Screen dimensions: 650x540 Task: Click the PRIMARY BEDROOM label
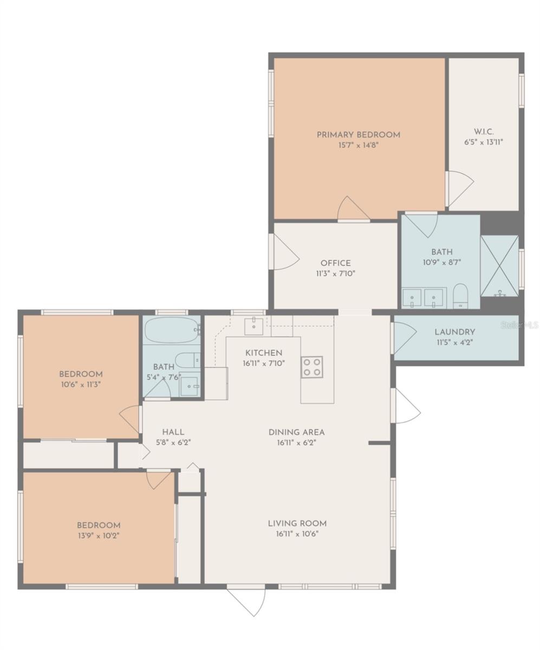(358, 135)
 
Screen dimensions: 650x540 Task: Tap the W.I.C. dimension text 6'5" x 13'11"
(484, 142)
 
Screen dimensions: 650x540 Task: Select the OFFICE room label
(335, 263)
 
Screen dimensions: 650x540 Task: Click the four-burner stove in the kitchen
(312, 367)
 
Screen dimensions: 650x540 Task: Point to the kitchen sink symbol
(253, 327)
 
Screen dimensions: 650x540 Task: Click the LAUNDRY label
(454, 332)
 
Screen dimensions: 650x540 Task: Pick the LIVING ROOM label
(297, 523)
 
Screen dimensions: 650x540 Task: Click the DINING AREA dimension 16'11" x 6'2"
(297, 443)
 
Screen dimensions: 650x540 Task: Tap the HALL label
(173, 432)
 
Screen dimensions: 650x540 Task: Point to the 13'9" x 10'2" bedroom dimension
(99, 535)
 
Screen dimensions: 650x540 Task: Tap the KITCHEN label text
(263, 353)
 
